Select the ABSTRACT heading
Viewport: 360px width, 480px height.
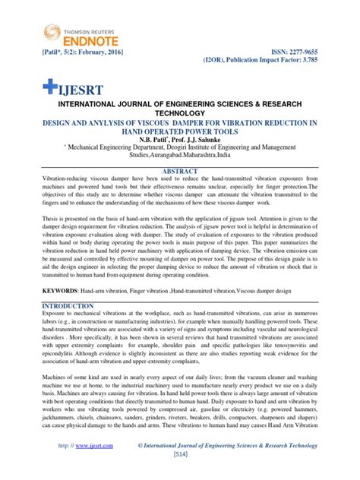click(x=180, y=172)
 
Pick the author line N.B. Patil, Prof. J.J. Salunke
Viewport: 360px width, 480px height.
click(x=180, y=140)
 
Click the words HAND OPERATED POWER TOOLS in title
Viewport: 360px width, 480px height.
click(x=180, y=131)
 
